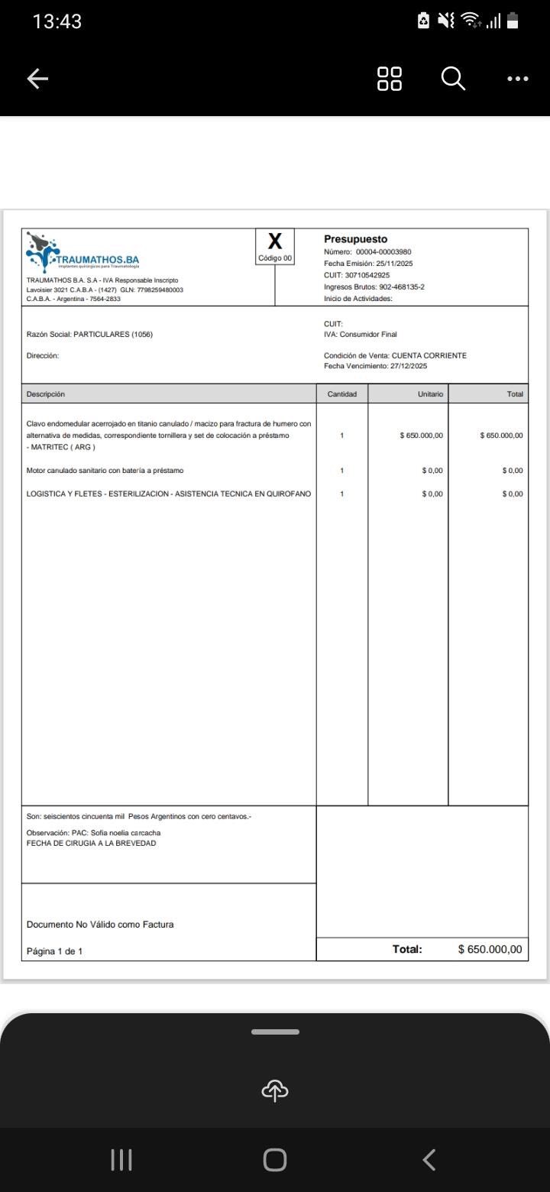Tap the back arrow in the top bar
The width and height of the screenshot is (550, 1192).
tap(37, 79)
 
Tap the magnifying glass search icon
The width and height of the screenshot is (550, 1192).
tap(453, 78)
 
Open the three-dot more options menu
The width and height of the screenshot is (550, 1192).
tap(517, 79)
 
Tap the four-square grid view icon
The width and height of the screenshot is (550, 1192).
tap(390, 78)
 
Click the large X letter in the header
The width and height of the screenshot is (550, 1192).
tap(275, 241)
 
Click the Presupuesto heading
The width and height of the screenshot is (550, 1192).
tap(355, 239)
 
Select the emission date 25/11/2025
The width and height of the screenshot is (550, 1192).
tap(394, 264)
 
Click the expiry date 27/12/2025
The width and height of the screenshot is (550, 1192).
tap(409, 366)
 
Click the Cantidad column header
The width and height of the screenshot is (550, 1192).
tap(342, 394)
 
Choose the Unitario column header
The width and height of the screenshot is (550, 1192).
tap(430, 394)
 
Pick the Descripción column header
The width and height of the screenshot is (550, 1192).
tap(46, 394)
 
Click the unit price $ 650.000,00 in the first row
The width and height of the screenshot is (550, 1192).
tap(422, 436)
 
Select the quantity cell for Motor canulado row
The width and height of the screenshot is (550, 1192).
tap(342, 471)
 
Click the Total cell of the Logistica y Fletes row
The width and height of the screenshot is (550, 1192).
tap(513, 494)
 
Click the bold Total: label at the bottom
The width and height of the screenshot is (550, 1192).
tap(407, 949)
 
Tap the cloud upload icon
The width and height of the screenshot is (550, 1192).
tap(275, 1090)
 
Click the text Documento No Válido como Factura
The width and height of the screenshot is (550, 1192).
tap(100, 925)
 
